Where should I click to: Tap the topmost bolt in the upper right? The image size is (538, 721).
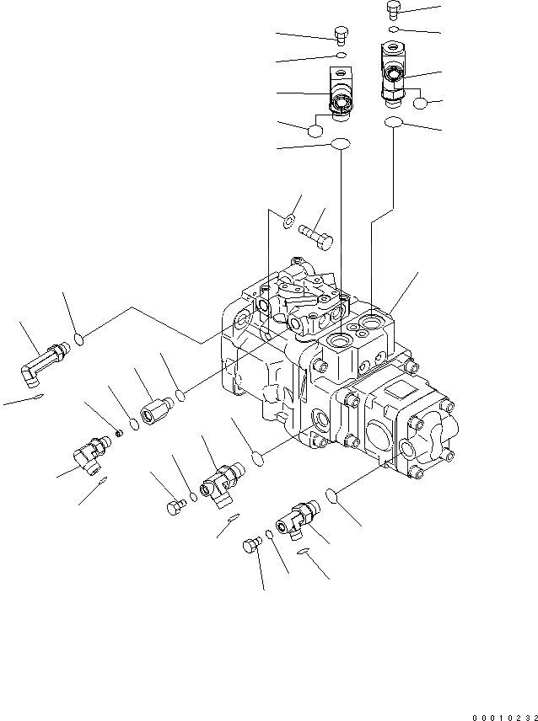[394, 9]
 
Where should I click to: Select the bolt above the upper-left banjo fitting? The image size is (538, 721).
[341, 35]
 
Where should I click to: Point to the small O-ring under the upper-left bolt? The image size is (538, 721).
[340, 56]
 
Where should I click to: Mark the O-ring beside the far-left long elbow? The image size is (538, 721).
[78, 339]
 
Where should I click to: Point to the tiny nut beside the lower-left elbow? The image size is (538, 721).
[120, 432]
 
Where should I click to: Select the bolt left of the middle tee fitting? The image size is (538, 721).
[175, 506]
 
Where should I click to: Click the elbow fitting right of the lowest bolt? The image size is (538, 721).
[297, 518]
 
